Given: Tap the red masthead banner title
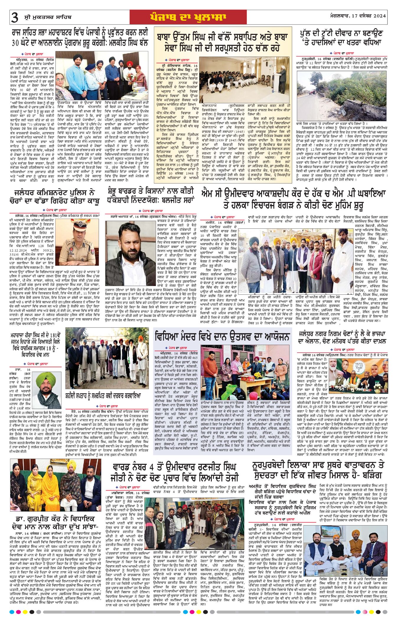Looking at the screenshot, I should [188, 17].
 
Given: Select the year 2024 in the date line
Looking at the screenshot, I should [378, 16].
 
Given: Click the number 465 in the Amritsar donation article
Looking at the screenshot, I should [196, 358].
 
